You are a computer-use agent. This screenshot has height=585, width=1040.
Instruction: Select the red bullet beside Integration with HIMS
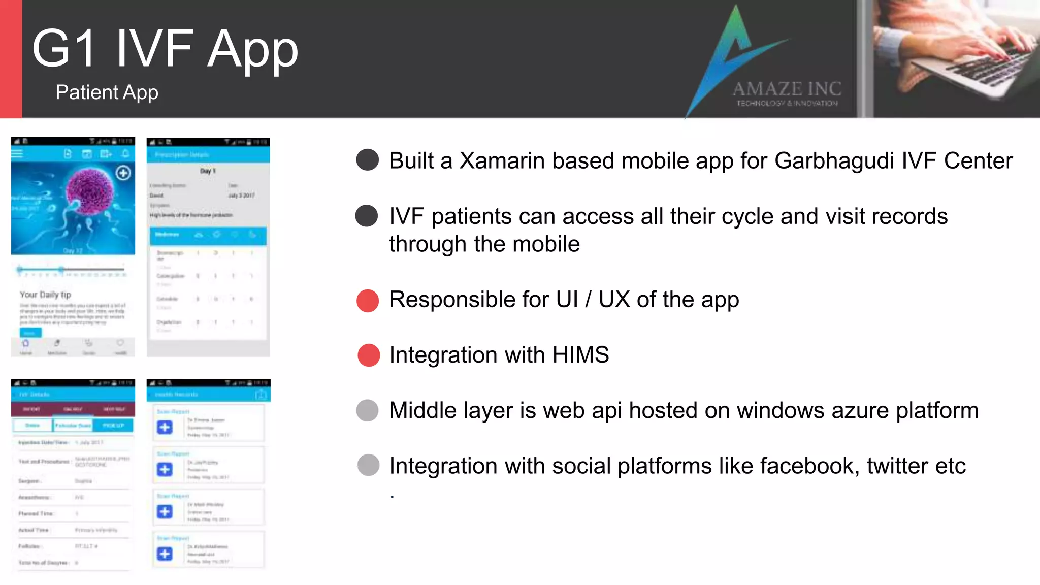369,355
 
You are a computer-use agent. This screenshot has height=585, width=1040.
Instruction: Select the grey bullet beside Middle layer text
368,410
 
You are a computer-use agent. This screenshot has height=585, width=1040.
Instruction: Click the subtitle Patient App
107,92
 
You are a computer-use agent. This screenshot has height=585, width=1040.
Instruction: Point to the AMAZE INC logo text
787,89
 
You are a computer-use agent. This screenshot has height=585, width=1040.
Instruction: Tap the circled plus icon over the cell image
123,173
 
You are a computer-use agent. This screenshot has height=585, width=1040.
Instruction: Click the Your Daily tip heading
45,295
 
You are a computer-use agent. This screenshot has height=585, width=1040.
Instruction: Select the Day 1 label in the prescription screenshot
208,171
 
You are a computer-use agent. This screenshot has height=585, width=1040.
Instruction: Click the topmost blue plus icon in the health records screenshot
165,427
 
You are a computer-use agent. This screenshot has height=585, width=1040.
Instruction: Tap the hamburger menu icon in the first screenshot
18,153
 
